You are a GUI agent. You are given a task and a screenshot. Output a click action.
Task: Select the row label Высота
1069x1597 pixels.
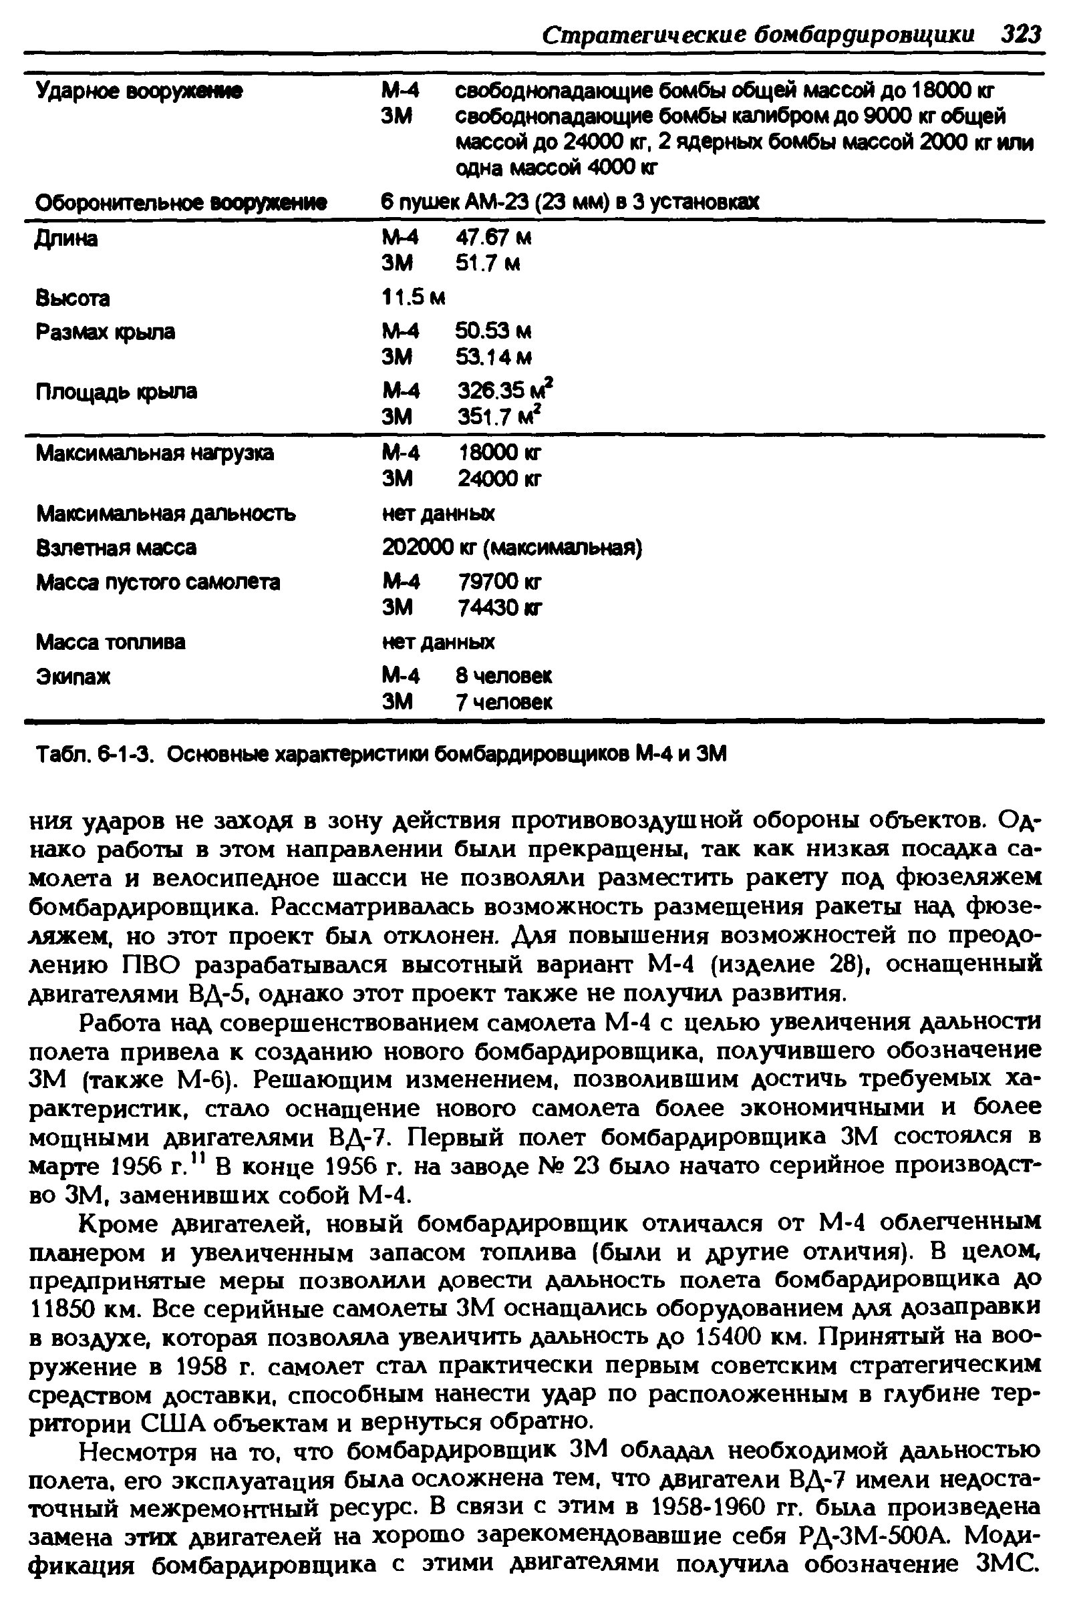73,299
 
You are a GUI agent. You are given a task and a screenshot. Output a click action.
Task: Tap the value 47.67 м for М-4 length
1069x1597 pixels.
493,238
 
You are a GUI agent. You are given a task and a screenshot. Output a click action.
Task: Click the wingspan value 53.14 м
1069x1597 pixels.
494,357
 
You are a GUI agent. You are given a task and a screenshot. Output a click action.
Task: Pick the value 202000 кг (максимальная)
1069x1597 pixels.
512,548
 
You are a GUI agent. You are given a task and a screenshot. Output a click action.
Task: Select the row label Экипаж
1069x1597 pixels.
73,677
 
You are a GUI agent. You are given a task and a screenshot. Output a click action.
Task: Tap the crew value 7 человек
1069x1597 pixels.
504,702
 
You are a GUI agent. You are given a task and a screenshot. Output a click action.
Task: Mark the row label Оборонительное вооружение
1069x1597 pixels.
181,202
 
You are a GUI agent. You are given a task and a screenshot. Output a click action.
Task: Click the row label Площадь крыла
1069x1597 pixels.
116,391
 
